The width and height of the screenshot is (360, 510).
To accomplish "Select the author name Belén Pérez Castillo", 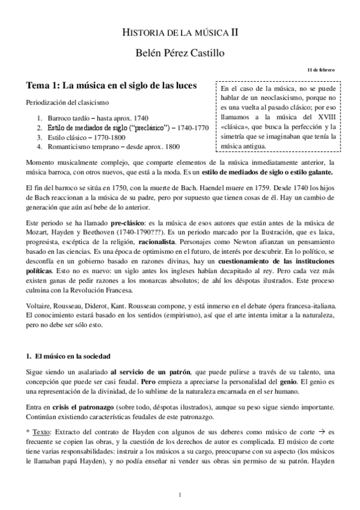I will coord(180,53).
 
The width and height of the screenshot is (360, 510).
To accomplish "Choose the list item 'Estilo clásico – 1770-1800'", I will coord(86,137).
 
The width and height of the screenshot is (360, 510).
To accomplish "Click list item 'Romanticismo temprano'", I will coord(84,146).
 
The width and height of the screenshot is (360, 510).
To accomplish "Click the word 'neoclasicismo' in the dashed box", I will coord(299,99).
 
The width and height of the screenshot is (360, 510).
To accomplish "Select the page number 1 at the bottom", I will coord(180,494).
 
